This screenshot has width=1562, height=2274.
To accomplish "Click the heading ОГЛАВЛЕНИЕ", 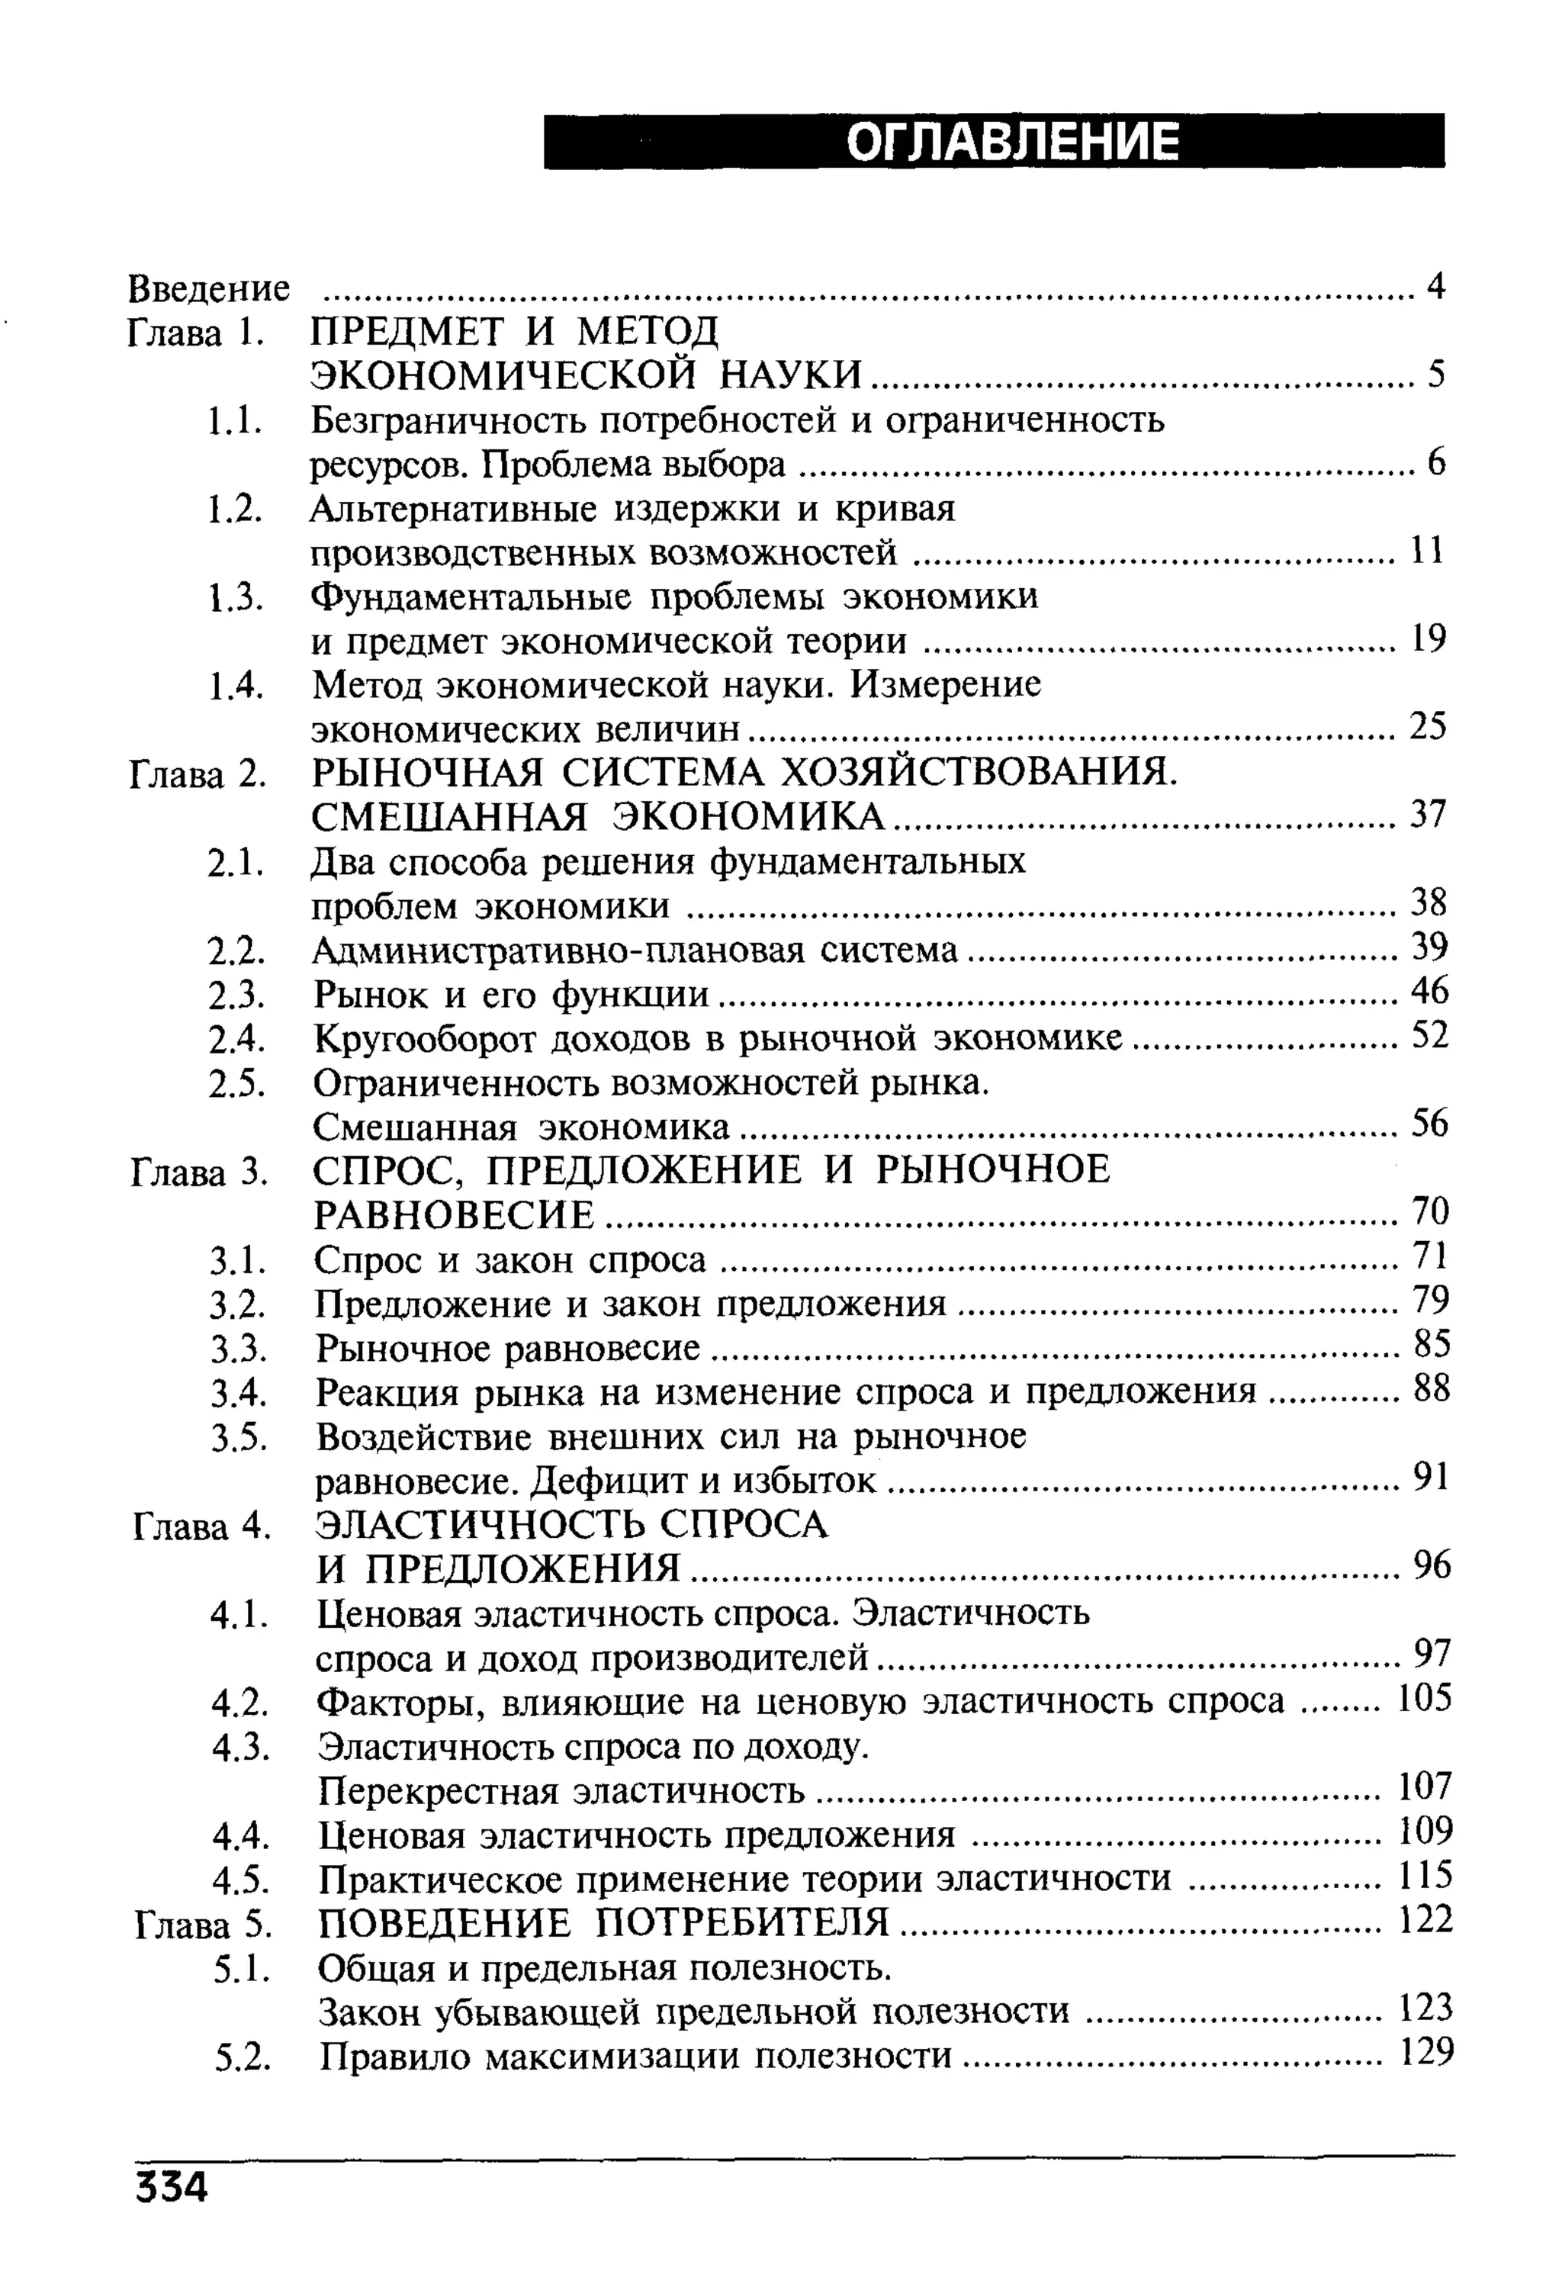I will tap(1012, 142).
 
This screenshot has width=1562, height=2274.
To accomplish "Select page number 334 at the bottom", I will tap(172, 2186).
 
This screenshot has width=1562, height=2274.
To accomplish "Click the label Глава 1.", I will tap(197, 334).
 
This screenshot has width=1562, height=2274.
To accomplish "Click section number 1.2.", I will tap(236, 510).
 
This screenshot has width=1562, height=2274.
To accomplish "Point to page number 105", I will tap(1424, 1697).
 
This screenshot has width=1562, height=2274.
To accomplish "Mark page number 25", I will tap(1427, 726).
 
